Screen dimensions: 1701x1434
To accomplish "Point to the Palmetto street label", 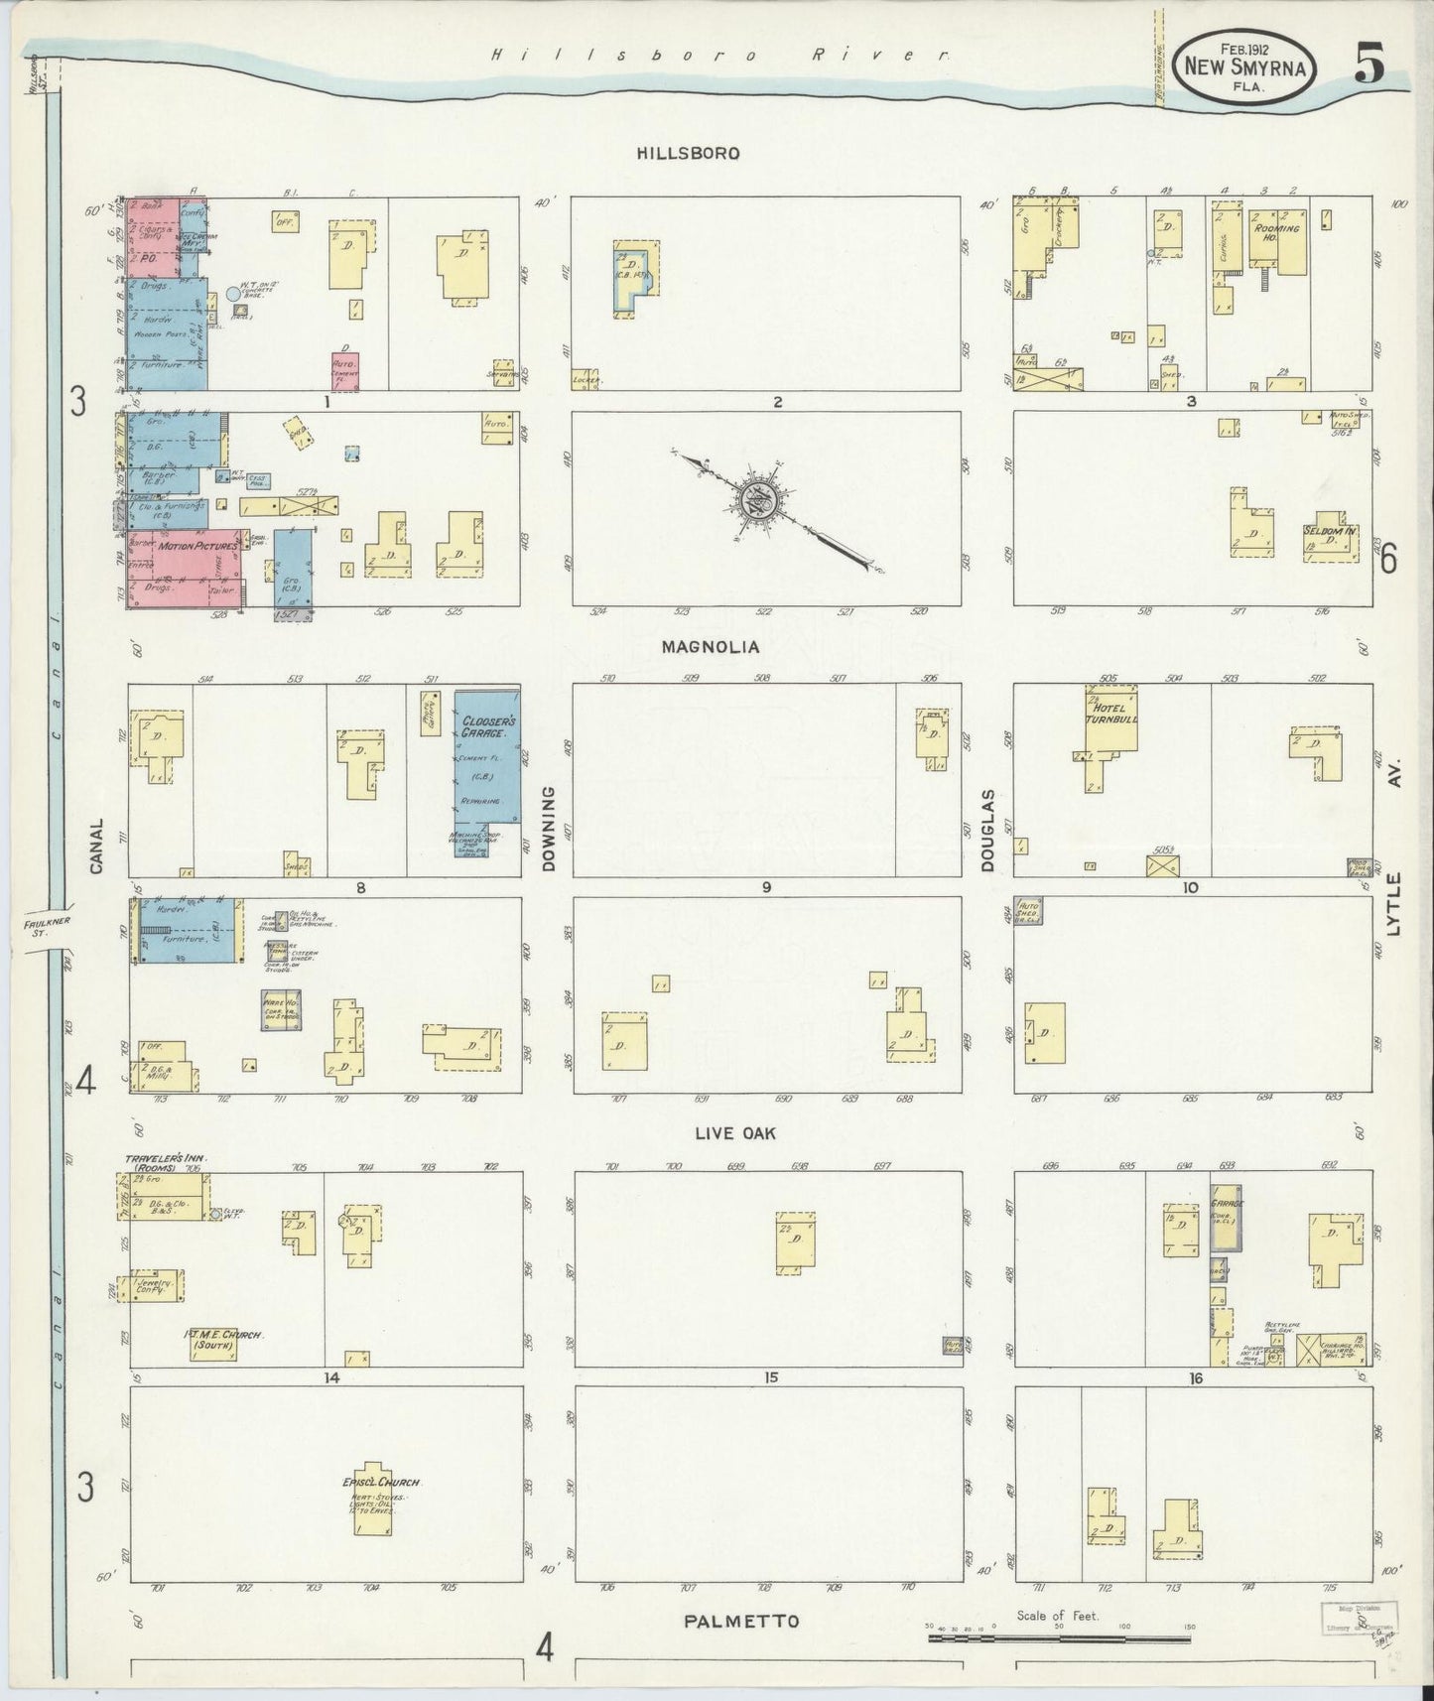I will pyautogui.click(x=742, y=1622).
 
